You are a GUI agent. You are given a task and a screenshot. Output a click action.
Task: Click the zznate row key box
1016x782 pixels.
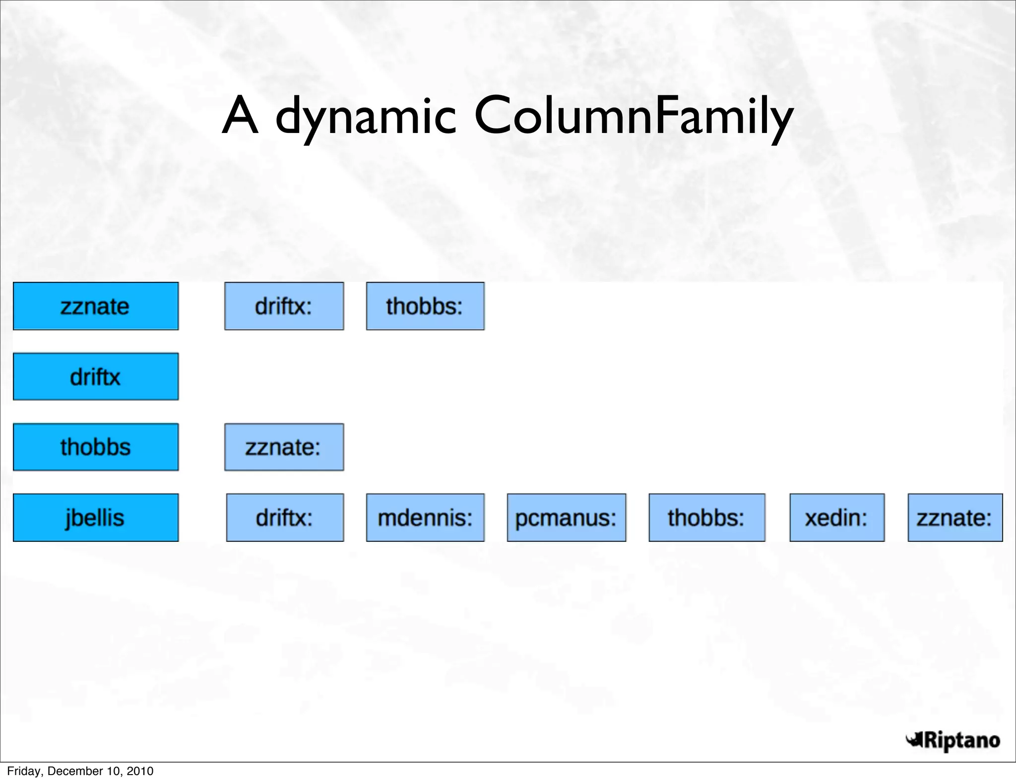tap(95, 306)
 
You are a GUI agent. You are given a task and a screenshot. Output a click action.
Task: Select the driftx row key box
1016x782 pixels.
tap(95, 377)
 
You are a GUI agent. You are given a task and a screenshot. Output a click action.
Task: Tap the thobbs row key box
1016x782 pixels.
tap(95, 447)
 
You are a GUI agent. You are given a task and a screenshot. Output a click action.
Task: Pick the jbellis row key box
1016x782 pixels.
tap(95, 518)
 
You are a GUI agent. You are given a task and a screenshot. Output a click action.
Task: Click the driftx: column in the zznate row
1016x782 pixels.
tap(284, 306)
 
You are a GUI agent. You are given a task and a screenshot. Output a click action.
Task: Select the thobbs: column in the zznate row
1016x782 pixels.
tap(425, 306)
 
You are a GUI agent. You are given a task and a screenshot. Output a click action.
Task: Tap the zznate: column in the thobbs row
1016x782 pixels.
tap(284, 447)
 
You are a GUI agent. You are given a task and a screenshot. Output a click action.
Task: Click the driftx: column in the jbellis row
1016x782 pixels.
tap(285, 518)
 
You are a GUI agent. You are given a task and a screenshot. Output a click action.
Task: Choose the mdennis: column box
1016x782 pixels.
tap(425, 518)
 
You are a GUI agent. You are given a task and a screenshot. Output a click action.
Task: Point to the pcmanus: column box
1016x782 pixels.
tap(566, 518)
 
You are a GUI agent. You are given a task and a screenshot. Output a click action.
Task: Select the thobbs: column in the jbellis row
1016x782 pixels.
tap(706, 518)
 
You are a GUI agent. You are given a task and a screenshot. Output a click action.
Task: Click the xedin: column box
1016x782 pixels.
tap(837, 518)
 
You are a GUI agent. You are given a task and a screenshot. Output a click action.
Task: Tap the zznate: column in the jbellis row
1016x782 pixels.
tap(955, 518)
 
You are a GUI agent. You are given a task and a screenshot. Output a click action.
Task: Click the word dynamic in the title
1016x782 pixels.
tap(366, 117)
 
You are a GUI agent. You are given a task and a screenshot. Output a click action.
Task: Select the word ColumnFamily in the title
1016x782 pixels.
tap(634, 117)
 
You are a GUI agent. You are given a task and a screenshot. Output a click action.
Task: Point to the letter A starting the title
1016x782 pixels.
tap(240, 116)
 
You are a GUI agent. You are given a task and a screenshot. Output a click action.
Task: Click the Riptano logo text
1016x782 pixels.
tap(961, 740)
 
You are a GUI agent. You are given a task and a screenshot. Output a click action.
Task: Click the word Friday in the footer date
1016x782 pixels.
tap(25, 771)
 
